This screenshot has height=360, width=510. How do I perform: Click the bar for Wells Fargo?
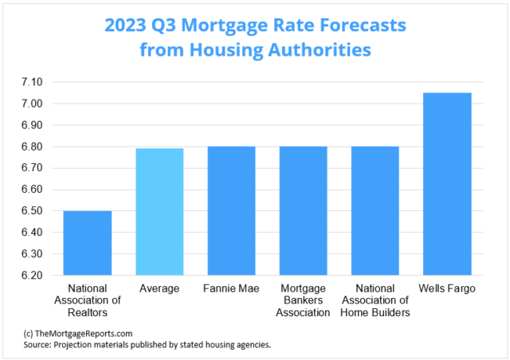(447, 184)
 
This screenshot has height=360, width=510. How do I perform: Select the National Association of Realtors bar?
(88, 243)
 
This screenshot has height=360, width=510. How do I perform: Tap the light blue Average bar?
(159, 212)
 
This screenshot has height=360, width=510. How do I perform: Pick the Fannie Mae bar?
(231, 210)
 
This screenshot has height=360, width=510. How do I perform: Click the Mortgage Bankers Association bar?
(303, 210)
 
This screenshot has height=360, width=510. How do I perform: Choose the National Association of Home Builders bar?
(375, 210)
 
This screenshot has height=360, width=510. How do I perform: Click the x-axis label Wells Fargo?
(447, 288)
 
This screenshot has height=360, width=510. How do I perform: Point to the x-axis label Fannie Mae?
(231, 288)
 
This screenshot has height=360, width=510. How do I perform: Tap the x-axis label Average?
(159, 288)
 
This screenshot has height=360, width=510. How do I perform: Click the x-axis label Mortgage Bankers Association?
(303, 300)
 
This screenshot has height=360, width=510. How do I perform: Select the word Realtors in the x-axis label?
(88, 312)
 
